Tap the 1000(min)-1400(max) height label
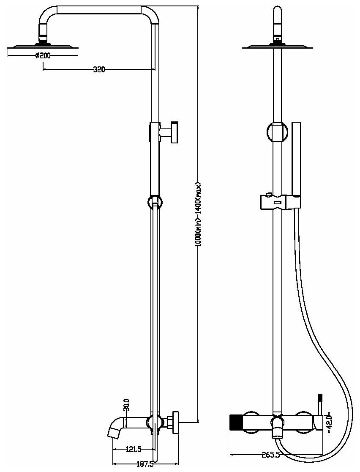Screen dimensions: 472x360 point(198,216)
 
